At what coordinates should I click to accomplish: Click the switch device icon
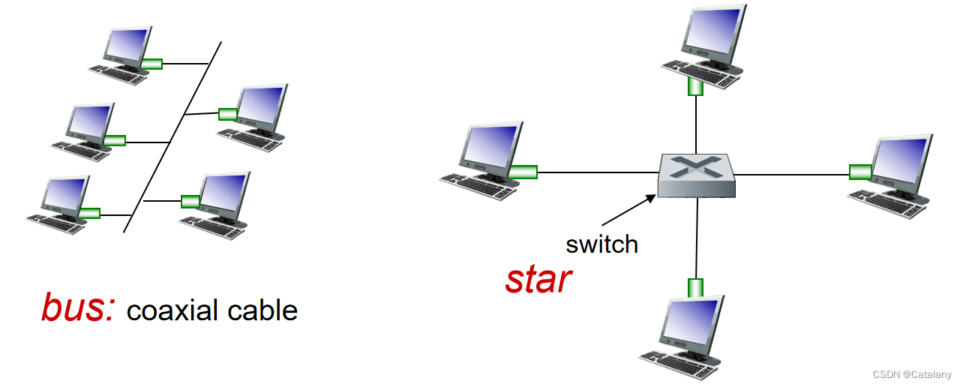(x=697, y=175)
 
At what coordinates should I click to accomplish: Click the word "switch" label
(x=601, y=244)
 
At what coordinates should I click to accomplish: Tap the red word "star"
(x=538, y=280)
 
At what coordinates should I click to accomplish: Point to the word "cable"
(x=262, y=310)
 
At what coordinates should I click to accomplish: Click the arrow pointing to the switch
(x=629, y=210)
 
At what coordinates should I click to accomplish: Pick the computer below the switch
(x=682, y=337)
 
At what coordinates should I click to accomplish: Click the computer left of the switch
(x=481, y=160)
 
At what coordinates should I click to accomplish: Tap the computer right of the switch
(x=891, y=175)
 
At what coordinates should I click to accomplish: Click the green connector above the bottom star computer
(x=695, y=288)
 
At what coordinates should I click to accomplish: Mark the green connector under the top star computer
(x=695, y=86)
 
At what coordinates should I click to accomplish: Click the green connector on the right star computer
(x=860, y=172)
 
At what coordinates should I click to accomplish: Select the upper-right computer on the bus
(x=252, y=118)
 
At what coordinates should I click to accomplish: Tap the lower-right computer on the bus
(x=215, y=205)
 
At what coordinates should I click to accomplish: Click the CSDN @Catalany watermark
(x=912, y=374)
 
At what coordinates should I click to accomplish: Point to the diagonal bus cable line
(x=172, y=137)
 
